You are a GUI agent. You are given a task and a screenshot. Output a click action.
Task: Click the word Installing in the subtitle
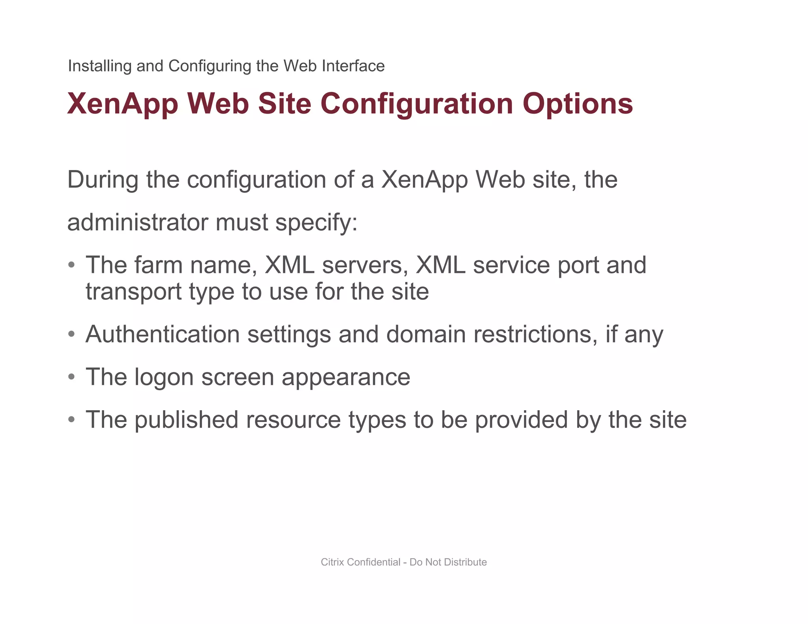(99, 66)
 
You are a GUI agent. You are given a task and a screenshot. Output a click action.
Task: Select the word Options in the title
(578, 104)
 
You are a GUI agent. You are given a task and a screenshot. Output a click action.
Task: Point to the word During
(103, 180)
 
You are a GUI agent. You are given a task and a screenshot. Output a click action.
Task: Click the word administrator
(137, 222)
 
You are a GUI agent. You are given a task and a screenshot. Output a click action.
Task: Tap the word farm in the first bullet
(158, 265)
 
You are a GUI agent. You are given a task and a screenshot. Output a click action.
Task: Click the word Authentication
(163, 334)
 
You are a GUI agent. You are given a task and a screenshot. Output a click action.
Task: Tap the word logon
(164, 378)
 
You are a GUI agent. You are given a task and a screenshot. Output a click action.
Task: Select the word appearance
(346, 378)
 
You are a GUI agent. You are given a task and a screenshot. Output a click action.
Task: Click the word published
(186, 420)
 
